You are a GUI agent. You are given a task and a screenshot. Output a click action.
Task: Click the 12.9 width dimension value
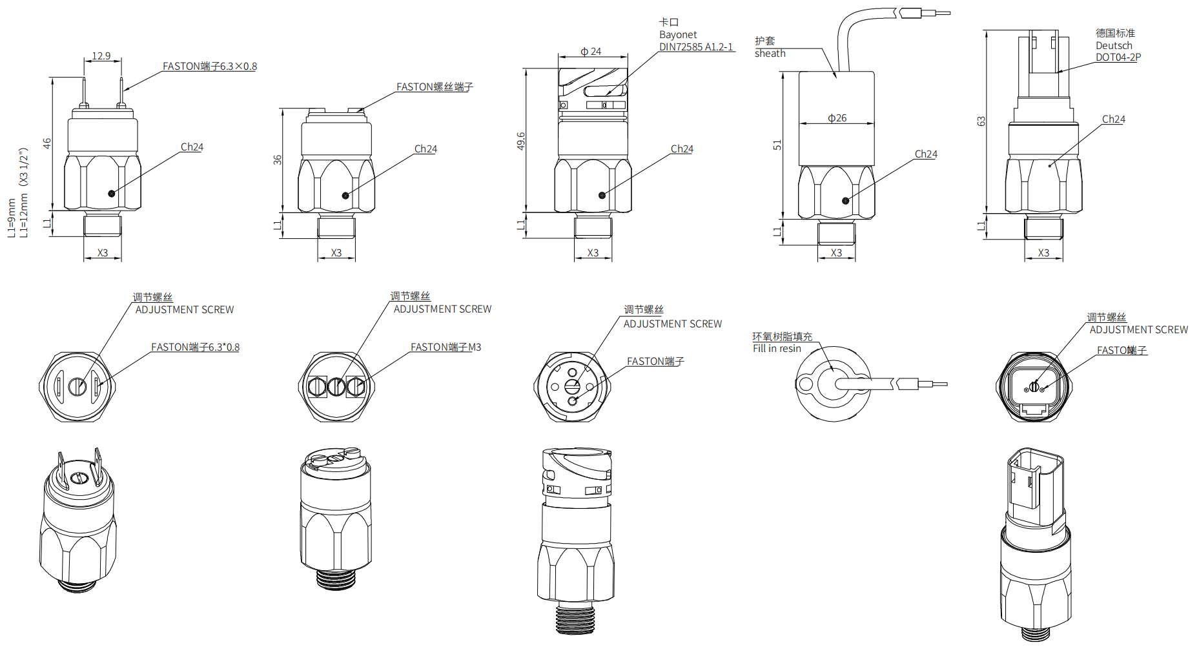(x=101, y=56)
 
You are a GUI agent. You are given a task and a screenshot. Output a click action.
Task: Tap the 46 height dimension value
(x=47, y=143)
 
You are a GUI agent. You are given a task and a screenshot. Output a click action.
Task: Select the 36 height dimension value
(x=278, y=160)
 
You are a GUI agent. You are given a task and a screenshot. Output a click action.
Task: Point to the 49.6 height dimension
(x=521, y=141)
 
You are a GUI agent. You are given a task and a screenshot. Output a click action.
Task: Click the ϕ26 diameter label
(x=837, y=118)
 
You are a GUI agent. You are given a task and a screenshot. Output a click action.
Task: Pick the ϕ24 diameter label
(x=591, y=52)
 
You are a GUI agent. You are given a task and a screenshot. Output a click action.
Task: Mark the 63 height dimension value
(x=981, y=121)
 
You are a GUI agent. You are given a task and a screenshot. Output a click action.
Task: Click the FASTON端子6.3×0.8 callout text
(x=210, y=67)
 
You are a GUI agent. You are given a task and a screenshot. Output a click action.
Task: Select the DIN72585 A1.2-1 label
(x=696, y=47)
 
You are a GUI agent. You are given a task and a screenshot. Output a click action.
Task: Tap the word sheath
(x=770, y=54)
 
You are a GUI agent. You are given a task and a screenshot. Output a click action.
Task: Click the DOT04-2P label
(x=1118, y=57)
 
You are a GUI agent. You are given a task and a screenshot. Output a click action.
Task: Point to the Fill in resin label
(x=777, y=349)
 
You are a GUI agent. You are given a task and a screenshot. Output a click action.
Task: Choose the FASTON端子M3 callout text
(x=446, y=347)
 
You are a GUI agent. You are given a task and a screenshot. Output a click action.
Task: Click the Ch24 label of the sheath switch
(x=926, y=154)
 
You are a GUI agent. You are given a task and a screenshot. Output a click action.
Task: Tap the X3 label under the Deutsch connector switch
(x=1043, y=253)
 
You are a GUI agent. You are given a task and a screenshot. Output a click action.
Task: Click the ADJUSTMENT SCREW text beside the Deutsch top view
(x=1139, y=330)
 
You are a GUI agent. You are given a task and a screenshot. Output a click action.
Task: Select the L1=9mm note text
(x=12, y=218)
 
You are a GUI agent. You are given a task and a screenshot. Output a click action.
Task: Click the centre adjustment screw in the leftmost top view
(x=77, y=387)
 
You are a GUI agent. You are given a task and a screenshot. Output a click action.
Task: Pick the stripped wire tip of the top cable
(x=942, y=13)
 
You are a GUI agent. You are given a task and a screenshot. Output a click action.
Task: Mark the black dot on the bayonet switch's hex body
(x=602, y=195)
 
